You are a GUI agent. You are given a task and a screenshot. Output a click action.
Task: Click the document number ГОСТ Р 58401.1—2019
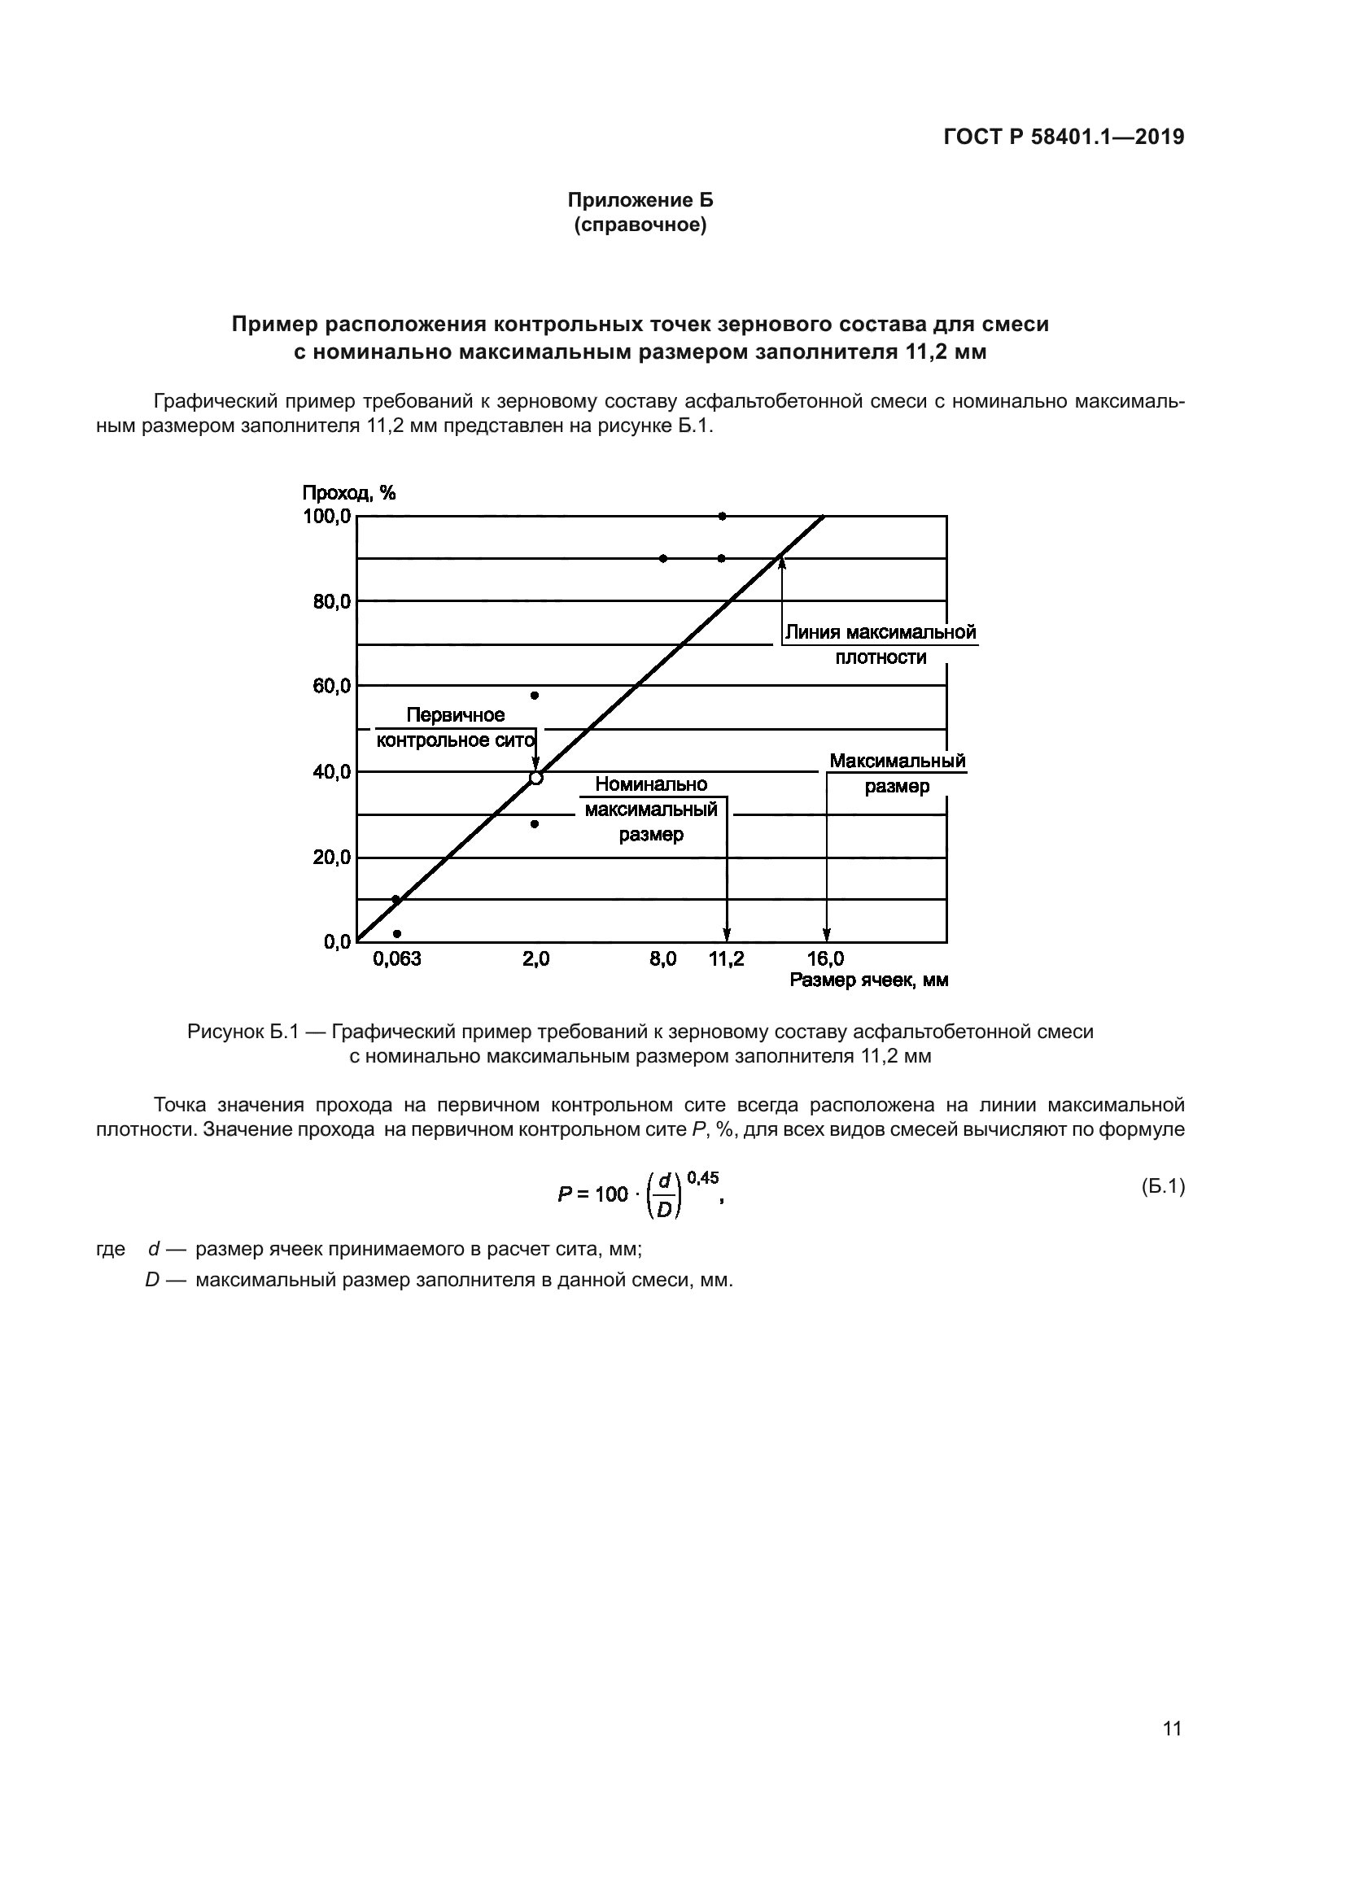click(1064, 137)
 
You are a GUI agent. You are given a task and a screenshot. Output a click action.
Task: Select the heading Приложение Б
click(640, 200)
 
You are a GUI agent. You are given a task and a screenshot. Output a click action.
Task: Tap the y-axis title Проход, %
click(348, 493)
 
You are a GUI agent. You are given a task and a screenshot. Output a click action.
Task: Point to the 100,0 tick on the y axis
click(326, 517)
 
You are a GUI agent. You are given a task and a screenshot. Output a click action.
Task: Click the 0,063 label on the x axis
click(397, 959)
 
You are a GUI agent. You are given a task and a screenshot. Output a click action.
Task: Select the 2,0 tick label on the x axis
click(535, 959)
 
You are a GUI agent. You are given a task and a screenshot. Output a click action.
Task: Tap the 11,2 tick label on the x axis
click(726, 959)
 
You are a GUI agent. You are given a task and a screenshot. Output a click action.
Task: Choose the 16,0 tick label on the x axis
click(825, 959)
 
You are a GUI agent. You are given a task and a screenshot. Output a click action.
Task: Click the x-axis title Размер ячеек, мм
click(868, 980)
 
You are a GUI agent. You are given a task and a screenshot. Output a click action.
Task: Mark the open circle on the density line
click(535, 778)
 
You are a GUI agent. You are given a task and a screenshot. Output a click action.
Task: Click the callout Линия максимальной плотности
click(881, 645)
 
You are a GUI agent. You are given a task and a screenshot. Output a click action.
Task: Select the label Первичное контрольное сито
click(455, 727)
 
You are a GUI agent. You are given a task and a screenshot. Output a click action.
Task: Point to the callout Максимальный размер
click(898, 773)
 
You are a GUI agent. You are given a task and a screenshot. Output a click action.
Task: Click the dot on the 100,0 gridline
click(722, 516)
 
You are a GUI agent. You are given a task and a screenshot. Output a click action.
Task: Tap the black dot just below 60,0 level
click(535, 696)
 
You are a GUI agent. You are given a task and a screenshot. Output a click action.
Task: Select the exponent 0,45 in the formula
click(703, 1178)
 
